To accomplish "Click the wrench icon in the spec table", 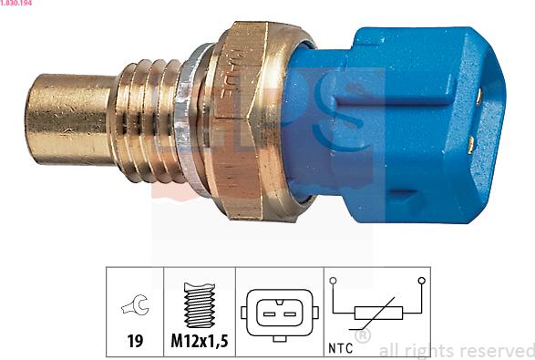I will click(134, 308).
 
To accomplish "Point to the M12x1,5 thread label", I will click(199, 344).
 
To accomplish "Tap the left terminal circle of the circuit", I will click(334, 282).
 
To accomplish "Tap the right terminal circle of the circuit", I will click(421, 282).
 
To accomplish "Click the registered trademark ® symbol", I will click(362, 336).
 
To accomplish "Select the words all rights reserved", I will click(456, 349).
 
